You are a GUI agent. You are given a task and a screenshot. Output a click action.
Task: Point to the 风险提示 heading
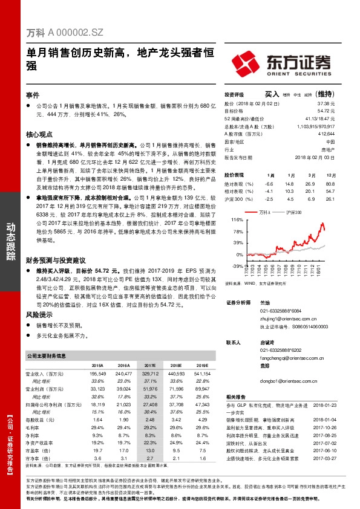point(39,315)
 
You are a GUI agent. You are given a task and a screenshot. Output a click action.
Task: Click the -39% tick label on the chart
point(236,265)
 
